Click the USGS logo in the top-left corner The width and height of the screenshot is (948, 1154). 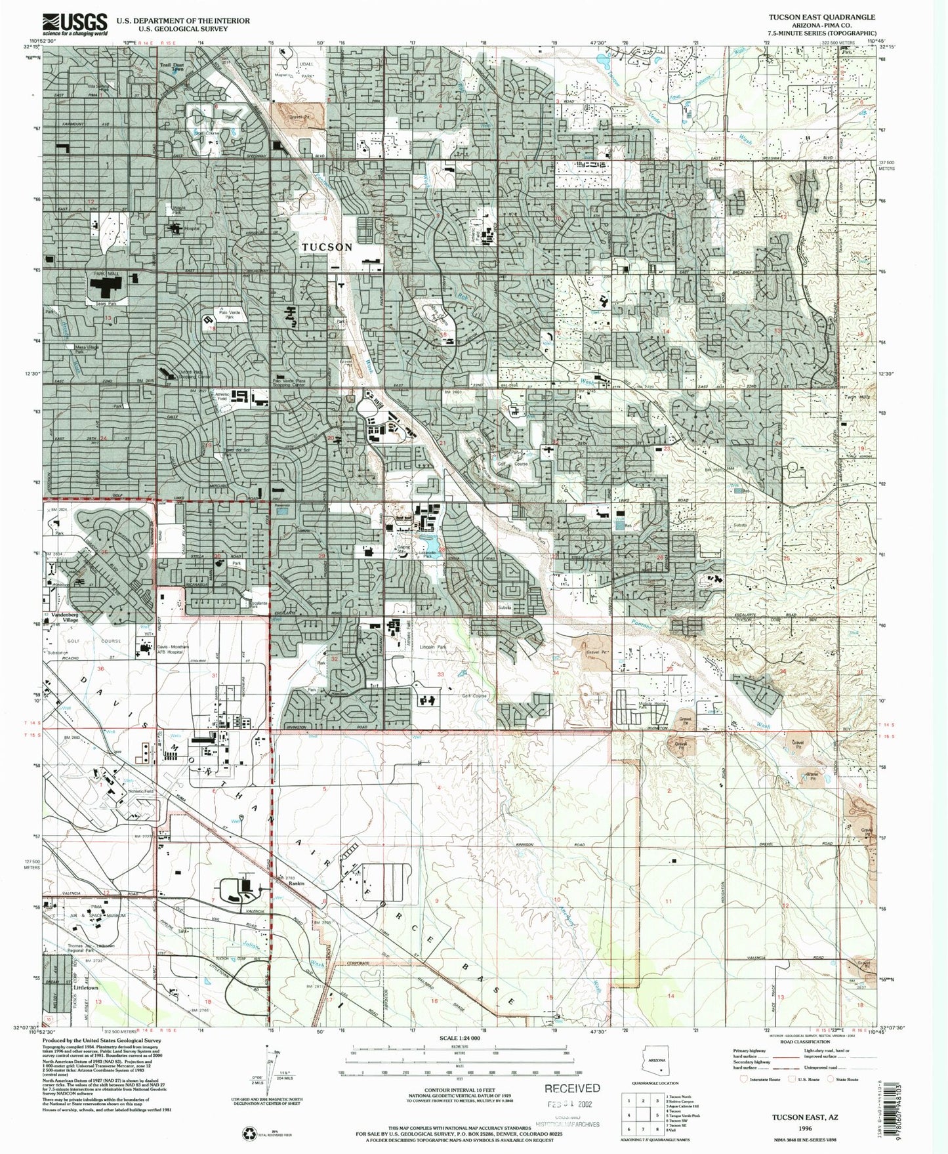pos(75,24)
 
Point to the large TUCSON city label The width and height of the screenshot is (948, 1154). pos(327,247)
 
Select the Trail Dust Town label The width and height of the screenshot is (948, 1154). pos(174,68)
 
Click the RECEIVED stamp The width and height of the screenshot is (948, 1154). pos(572,1087)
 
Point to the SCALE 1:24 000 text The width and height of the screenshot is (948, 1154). pos(459,1039)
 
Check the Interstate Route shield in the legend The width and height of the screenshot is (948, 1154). pos(744,1079)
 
